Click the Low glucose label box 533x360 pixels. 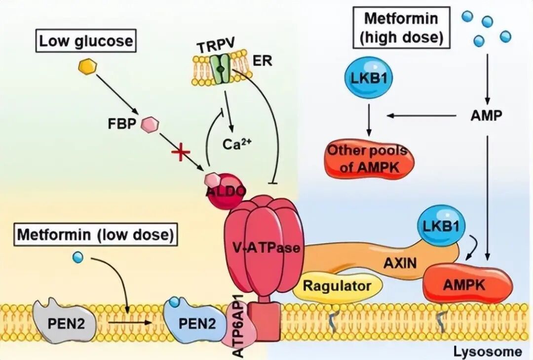click(x=86, y=41)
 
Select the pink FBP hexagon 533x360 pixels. click(x=150, y=124)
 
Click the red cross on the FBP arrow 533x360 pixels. click(x=181, y=152)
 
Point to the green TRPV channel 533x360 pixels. click(x=221, y=69)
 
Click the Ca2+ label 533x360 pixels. click(x=237, y=144)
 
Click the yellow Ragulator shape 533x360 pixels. click(x=337, y=285)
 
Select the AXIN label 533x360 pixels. click(x=400, y=263)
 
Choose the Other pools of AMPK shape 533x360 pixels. click(x=370, y=159)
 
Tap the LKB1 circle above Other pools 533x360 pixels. click(x=369, y=77)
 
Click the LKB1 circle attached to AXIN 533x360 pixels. click(x=441, y=226)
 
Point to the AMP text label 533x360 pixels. click(x=486, y=116)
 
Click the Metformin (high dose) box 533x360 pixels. click(x=402, y=28)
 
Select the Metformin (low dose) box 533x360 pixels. click(x=96, y=235)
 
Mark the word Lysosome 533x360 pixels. click(x=488, y=352)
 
